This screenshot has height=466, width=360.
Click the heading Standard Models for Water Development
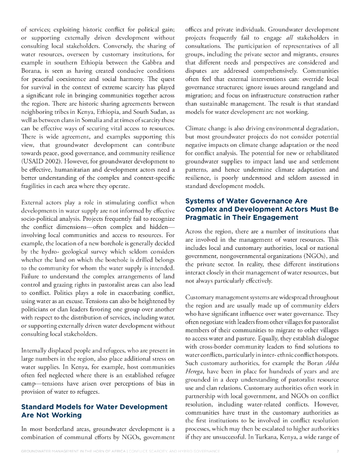[x=94, y=407]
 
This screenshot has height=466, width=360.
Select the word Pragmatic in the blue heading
[x=208, y=218]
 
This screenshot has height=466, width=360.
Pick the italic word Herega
[x=196, y=372]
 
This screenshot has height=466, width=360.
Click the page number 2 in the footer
[x=338, y=451]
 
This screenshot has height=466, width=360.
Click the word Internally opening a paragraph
[x=37, y=350]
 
